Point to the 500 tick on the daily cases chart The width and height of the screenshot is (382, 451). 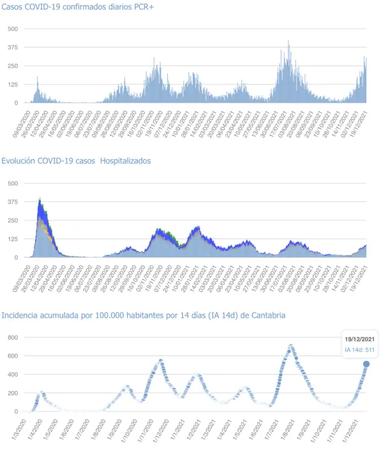(x=13, y=29)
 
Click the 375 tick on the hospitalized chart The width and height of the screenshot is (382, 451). (x=13, y=202)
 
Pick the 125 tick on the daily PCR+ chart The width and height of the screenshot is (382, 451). (x=13, y=85)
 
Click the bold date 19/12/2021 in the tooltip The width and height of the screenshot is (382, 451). (x=360, y=339)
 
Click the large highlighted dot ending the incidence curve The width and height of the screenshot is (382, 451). (x=366, y=364)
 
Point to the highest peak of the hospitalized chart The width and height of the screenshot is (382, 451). (x=40, y=199)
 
